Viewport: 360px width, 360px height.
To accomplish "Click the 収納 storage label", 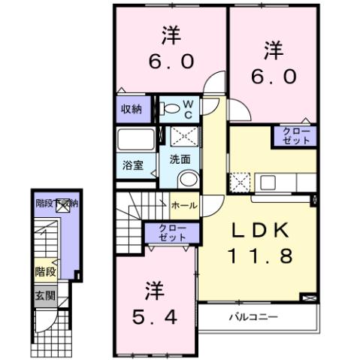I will coord(132,110).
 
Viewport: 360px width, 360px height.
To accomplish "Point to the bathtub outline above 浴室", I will coord(136,141).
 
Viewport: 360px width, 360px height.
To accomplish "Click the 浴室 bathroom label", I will coord(133,165).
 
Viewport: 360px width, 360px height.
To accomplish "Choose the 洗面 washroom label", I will coord(179,159).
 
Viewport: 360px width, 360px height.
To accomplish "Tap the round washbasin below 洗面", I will coord(188,179).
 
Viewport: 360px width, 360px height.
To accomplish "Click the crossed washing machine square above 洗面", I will coord(183,137).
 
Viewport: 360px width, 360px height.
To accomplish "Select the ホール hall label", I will coord(184,204).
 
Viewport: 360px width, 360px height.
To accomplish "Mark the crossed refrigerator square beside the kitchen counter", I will coord(240,182).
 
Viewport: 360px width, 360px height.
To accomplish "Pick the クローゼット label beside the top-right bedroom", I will coord(295,136).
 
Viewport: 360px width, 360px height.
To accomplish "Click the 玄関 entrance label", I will coord(44,296).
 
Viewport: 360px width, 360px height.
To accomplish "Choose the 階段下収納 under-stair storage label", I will coord(57,202).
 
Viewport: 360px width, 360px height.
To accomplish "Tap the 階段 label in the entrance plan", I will coord(44,272).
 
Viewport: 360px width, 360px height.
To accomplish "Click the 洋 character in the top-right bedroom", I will coord(273,51).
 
